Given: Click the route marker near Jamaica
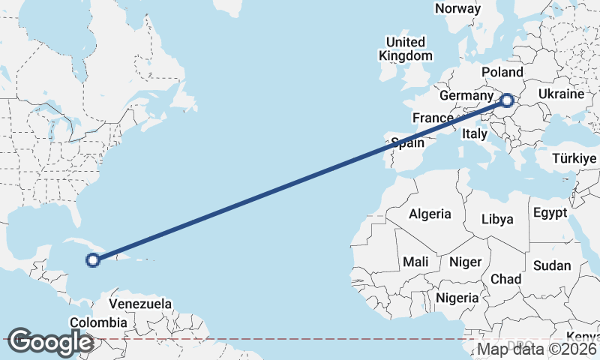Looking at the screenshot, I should pyautogui.click(x=93, y=260).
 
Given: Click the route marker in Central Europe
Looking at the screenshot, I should pyautogui.click(x=507, y=100).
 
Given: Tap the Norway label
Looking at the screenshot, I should pyautogui.click(x=457, y=8).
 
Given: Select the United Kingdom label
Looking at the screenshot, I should pyautogui.click(x=406, y=49).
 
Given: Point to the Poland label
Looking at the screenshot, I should pyautogui.click(x=502, y=71).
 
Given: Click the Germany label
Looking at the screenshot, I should pyautogui.click(x=466, y=96).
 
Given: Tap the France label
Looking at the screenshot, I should pyautogui.click(x=433, y=118).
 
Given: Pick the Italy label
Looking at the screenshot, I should pyautogui.click(x=475, y=133).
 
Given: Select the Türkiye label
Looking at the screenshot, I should pyautogui.click(x=574, y=158).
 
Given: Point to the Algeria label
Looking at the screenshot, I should pyautogui.click(x=430, y=214).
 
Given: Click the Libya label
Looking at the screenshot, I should pyautogui.click(x=497, y=219).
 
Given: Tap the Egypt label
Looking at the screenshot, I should pyautogui.click(x=550, y=213).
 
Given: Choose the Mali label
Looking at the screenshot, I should pyautogui.click(x=415, y=262).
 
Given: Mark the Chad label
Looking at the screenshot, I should pyautogui.click(x=505, y=278).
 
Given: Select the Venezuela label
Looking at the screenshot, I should pyautogui.click(x=140, y=304).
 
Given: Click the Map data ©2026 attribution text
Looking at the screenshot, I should pyautogui.click(x=537, y=349).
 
